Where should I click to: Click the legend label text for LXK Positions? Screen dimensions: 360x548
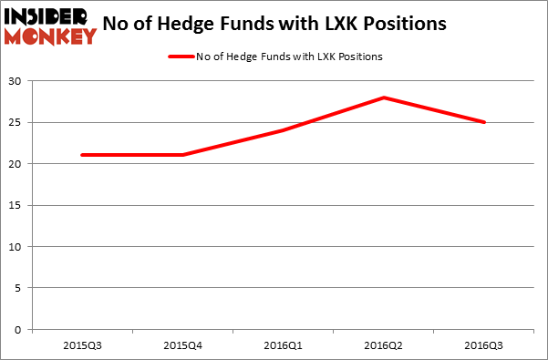tap(289, 57)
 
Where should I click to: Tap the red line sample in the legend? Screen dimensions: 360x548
tap(180, 57)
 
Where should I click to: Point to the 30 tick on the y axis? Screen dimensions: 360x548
tap(18, 81)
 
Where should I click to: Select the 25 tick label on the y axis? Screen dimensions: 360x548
tap(18, 123)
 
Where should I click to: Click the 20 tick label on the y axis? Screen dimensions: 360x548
tap(18, 164)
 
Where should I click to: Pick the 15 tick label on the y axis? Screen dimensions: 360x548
tap(18, 205)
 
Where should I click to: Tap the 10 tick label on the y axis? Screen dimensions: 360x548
tap(18, 247)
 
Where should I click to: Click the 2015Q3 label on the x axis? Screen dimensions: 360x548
tap(83, 345)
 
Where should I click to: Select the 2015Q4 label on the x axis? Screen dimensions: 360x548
tap(183, 345)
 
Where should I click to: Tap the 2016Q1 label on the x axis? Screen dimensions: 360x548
tap(284, 345)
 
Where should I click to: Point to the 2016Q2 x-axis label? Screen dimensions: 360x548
tap(384, 345)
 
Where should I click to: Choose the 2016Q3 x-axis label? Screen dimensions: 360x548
tap(484, 345)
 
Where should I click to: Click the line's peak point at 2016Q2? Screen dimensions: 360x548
tap(384, 98)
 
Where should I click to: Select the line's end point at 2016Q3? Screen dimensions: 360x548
tap(484, 122)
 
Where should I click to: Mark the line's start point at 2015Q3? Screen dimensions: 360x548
tap(83, 155)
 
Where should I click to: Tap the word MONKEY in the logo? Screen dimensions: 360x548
tap(50, 36)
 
